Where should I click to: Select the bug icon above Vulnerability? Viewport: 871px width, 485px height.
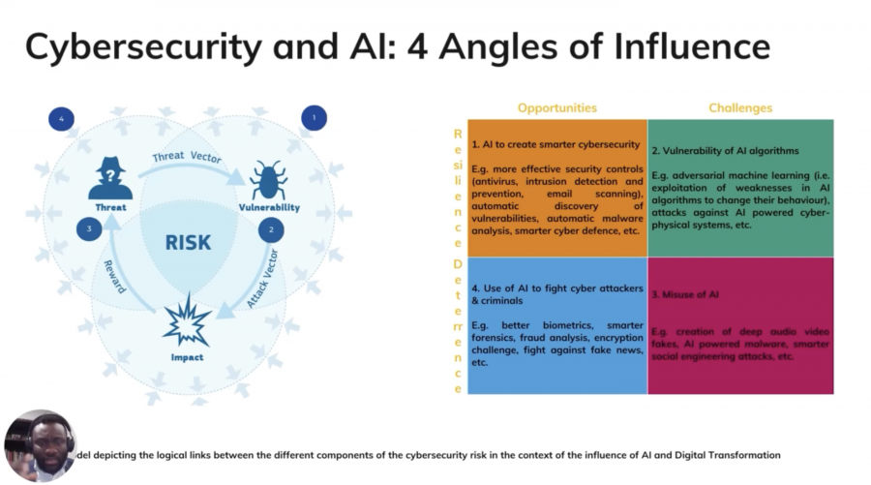coord(268,180)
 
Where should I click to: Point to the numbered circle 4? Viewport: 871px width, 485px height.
coord(62,118)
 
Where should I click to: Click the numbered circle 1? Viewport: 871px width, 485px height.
coord(313,118)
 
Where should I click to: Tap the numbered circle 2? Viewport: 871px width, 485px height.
coord(271,230)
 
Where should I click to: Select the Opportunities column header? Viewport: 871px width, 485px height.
coord(556,107)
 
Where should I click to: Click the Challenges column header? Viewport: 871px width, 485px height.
coord(739,107)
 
